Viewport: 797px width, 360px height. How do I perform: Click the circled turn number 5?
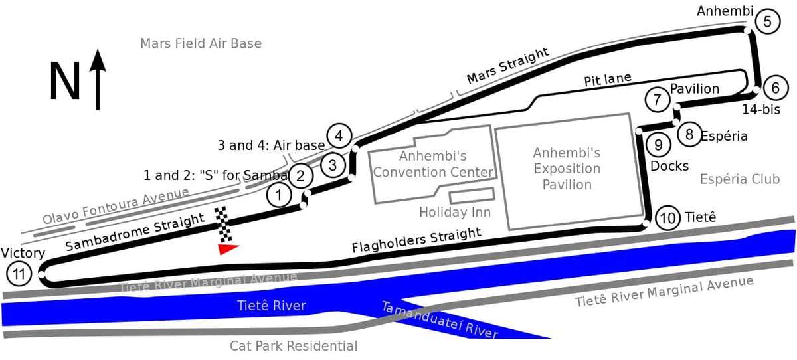[768, 21]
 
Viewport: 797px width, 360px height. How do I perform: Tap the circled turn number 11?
[19, 274]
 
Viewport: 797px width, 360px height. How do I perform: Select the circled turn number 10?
[667, 218]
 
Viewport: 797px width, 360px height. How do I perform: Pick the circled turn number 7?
[657, 99]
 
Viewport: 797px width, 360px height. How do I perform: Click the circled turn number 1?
[280, 195]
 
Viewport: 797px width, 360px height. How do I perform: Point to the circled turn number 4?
[339, 135]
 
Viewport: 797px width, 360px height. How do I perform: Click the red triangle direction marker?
[228, 249]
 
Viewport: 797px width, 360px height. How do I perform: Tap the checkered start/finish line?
[223, 224]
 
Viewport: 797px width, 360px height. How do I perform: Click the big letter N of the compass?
[65, 81]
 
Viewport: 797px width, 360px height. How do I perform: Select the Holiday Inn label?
[455, 212]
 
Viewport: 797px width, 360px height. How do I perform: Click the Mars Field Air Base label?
[201, 43]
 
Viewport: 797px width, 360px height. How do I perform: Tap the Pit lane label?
[608, 79]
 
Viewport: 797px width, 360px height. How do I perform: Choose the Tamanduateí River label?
[440, 319]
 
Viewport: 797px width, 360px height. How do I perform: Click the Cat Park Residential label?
[294, 346]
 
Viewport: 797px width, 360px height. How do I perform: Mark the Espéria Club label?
[740, 179]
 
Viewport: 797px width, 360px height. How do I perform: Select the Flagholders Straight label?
[416, 240]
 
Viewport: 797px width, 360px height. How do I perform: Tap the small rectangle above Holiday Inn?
[472, 196]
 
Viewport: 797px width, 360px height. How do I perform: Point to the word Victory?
[23, 253]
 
